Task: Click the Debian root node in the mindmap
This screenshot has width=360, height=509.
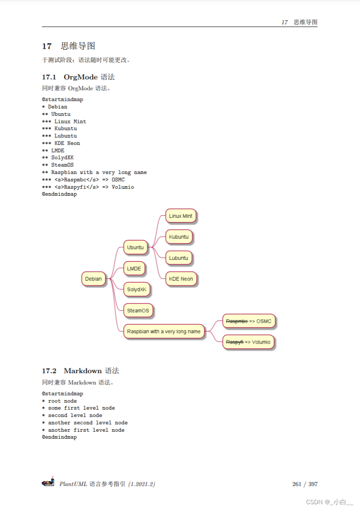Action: pos(93,279)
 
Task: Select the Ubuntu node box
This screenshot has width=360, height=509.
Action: pos(135,247)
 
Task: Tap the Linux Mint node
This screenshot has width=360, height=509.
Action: pos(181,216)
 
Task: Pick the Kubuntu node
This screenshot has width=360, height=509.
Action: pos(178,237)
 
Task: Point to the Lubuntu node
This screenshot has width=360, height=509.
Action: pos(178,258)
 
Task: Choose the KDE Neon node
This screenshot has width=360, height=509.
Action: pos(181,279)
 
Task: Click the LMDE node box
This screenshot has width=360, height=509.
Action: pos(134,269)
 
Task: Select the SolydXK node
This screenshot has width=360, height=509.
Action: pos(136,289)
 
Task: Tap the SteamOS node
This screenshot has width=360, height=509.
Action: pos(138,311)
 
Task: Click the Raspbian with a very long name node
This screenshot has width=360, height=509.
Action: pos(164,332)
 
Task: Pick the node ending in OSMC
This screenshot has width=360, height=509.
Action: pos(248,322)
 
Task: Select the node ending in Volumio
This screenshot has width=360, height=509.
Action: pos(248,342)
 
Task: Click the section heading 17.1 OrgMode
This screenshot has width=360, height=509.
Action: pos(78,77)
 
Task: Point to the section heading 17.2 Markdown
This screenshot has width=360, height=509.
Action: pos(80,371)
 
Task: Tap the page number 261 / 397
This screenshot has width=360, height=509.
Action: pos(305,484)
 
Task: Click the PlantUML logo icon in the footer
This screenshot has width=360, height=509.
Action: pos(48,482)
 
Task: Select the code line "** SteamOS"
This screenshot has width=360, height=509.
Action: pos(58,165)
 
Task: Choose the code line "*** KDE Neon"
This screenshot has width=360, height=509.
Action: pos(61,143)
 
